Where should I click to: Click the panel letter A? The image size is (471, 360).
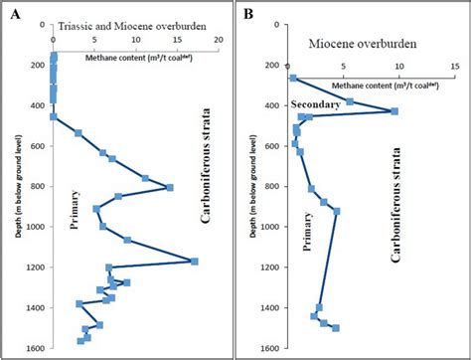14,16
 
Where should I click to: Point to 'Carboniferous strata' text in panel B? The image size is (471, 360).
397,204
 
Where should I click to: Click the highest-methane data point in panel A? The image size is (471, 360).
194,262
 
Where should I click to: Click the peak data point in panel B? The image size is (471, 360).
394,111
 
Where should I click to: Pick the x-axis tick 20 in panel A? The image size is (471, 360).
218,42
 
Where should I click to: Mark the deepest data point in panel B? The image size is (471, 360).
335,327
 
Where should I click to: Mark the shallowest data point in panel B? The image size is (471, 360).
293,78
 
